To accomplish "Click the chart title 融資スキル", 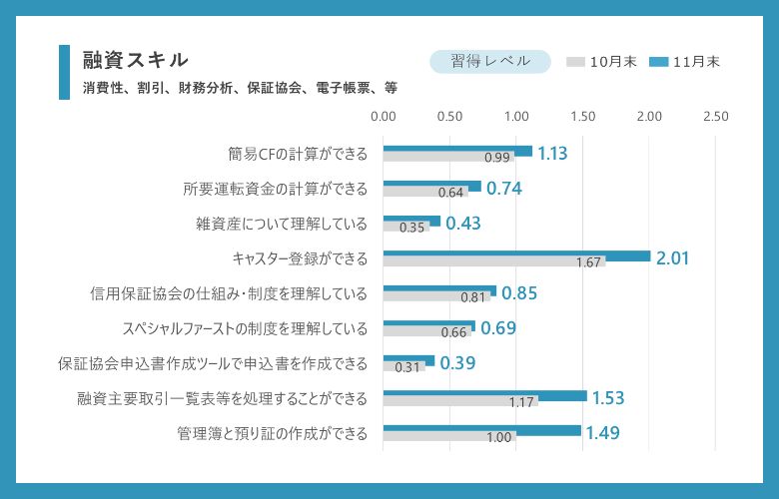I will tap(135, 61).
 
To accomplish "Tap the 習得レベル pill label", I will tap(489, 61).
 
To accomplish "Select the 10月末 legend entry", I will tap(600, 62).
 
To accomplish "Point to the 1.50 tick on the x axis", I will tap(582, 117).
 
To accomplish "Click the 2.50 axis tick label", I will tap(715, 117).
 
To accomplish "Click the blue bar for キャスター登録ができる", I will tap(516, 256).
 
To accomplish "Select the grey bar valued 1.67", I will tap(493, 262).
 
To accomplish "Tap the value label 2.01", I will tap(672, 258).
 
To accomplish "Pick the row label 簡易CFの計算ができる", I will tap(298, 154).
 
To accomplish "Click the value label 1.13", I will tap(552, 154).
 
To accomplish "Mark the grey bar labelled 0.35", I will tap(405, 228).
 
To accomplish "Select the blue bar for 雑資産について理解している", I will tap(411, 222).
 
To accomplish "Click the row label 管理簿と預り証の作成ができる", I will tap(272, 433).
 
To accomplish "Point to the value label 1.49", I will tap(603, 433).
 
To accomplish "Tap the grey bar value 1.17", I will tap(522, 402).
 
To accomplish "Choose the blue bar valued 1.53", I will tap(484, 396).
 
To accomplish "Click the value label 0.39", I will tap(457, 363).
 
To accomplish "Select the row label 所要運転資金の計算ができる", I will tap(276, 189).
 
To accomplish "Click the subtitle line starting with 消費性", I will tap(240, 88).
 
